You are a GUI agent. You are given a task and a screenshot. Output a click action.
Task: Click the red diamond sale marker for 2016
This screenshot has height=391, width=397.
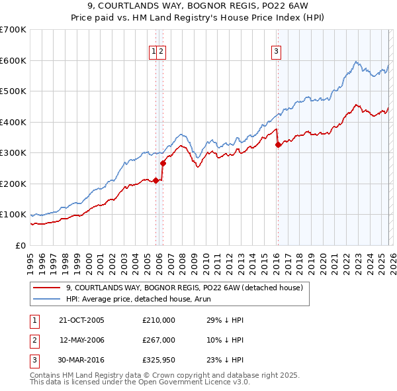pyautogui.click(x=279, y=145)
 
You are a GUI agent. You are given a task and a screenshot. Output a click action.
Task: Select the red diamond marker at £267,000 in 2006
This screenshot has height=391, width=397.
pyautogui.click(x=163, y=163)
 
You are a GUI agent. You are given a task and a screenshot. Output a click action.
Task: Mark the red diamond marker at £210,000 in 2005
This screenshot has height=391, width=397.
pyautogui.click(x=156, y=180)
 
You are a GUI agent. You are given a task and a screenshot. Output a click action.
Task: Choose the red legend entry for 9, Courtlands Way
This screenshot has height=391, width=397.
pyautogui.click(x=184, y=288)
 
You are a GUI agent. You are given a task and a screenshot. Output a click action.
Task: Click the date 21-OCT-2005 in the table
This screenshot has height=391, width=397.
pyautogui.click(x=81, y=320)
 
